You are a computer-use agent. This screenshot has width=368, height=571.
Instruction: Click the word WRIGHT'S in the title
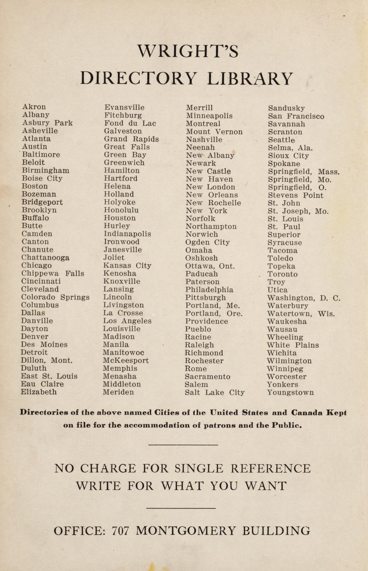[188, 51]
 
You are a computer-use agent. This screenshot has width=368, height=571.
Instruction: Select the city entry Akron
[34, 107]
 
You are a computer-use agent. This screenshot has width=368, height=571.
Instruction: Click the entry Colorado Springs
[55, 297]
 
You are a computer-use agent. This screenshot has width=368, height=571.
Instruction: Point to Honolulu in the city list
[121, 210]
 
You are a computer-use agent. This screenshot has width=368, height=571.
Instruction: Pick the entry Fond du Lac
[130, 123]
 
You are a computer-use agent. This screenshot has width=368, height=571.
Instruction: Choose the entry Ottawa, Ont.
[210, 266]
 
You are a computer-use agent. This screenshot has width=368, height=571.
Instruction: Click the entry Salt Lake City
[214, 392]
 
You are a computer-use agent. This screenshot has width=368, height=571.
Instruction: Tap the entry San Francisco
[296, 116]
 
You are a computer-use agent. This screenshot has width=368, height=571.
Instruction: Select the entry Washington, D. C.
[304, 298]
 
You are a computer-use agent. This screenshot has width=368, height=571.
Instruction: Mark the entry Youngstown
[290, 392]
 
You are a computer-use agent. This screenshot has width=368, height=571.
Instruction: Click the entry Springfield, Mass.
[304, 172]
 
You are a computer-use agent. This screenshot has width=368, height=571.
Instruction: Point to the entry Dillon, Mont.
[46, 360]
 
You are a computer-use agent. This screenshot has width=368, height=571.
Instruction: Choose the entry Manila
[116, 345]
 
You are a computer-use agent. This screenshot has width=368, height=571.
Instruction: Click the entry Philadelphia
[209, 290]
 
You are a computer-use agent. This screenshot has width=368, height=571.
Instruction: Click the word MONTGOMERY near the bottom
[186, 531]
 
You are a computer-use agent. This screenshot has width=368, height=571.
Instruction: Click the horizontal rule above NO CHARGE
[183, 445]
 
